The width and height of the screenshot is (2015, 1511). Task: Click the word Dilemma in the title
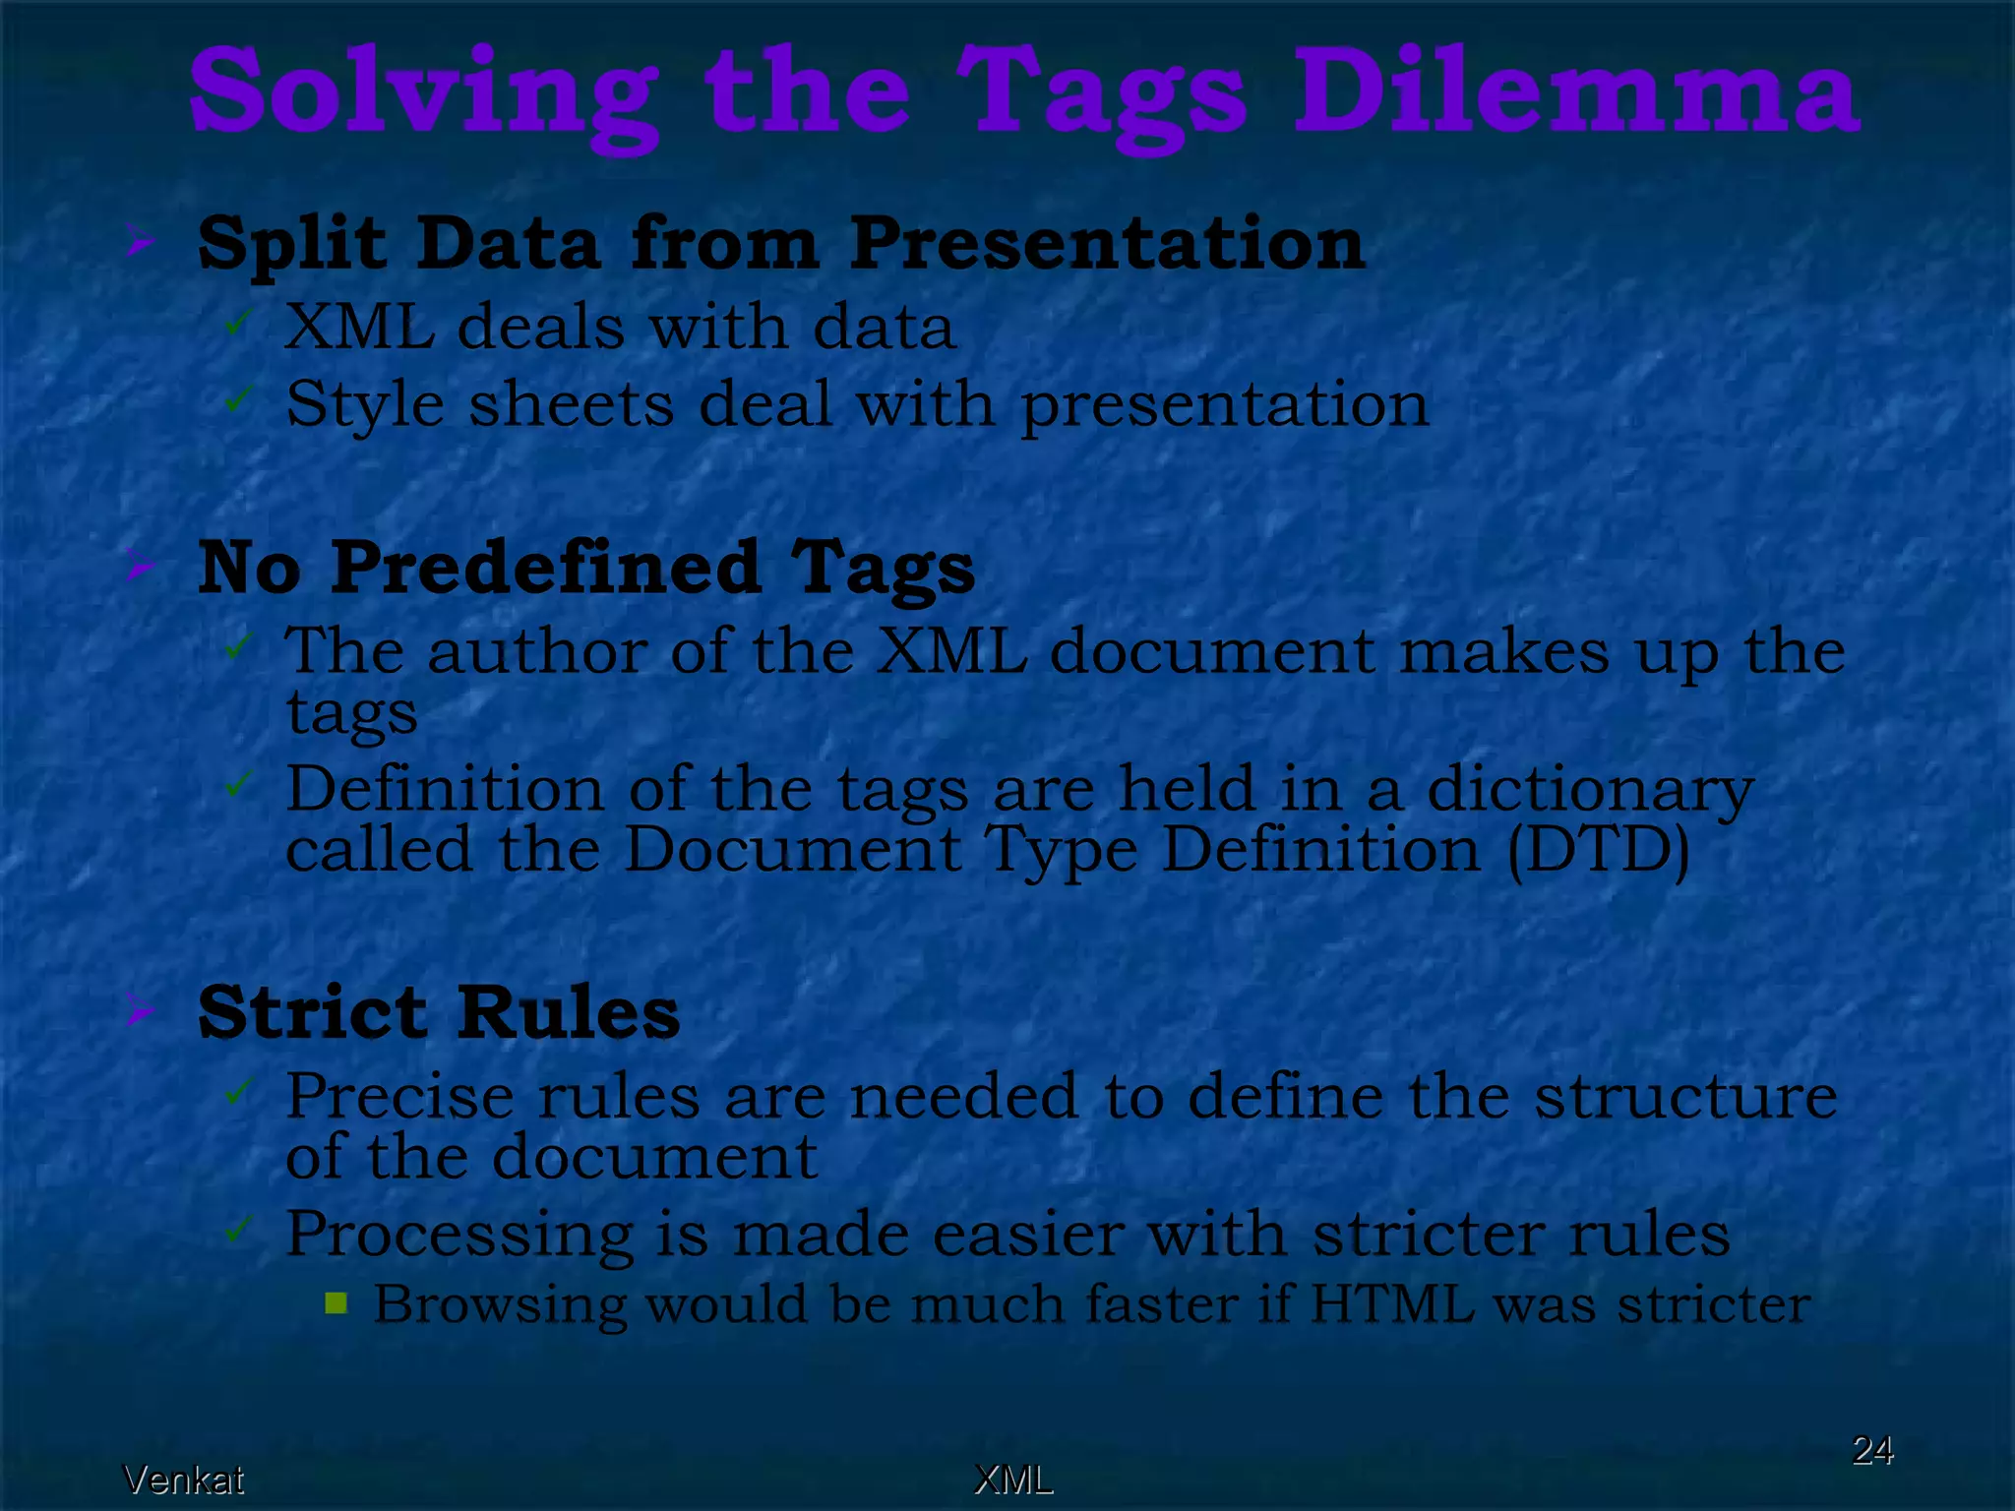pos(1575,93)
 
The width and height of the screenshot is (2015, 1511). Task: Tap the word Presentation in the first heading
pos(1107,243)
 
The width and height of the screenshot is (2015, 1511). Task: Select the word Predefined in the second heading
pos(546,569)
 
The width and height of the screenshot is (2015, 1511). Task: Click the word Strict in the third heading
pos(313,1012)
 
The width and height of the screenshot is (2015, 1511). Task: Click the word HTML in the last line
pos(1392,1304)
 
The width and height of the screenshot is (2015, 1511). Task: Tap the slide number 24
pos(1872,1450)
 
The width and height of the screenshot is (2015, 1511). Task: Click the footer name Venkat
pos(184,1480)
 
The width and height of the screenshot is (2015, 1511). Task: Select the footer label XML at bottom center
pos(1013,1480)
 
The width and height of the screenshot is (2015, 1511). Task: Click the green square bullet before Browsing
pos(336,1304)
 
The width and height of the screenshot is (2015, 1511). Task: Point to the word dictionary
pos(1590,790)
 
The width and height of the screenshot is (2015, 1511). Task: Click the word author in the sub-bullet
pos(536,651)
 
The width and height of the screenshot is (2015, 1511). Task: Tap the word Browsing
pos(500,1306)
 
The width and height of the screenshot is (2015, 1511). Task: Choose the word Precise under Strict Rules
pos(399,1096)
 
